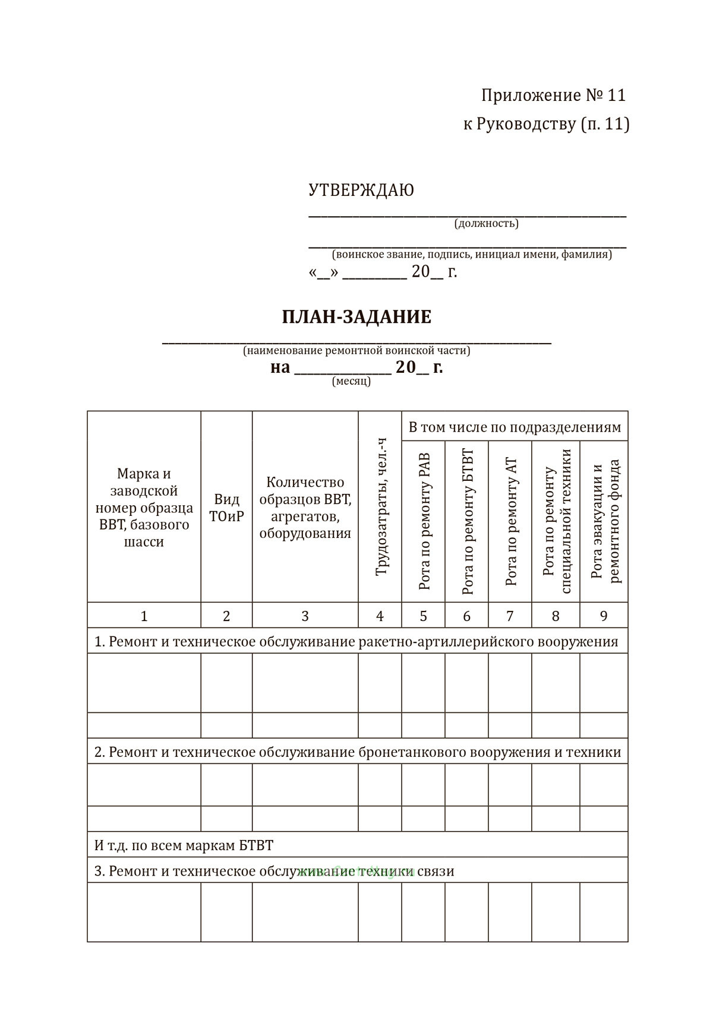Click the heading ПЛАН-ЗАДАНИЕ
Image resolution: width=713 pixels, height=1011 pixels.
[356, 317]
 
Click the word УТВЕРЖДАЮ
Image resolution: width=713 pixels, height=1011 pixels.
[361, 191]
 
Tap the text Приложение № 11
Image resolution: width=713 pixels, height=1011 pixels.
[553, 96]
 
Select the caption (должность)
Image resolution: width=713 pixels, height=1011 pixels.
[486, 224]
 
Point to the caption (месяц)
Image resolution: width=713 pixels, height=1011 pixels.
[351, 381]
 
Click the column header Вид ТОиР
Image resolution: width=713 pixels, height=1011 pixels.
[226, 508]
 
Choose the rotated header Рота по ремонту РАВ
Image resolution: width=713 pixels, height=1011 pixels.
[424, 521]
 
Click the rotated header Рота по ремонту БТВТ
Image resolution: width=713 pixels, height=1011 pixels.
[467, 521]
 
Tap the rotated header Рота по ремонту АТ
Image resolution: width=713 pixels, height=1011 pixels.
[510, 521]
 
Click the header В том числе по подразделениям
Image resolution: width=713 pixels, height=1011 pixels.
[515, 427]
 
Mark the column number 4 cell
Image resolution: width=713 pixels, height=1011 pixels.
[380, 616]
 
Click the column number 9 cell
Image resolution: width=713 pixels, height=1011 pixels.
[604, 616]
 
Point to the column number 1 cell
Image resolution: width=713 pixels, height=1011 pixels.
[144, 616]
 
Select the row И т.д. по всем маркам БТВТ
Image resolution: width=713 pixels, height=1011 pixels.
[184, 845]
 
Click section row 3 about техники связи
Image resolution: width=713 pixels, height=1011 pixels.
[274, 871]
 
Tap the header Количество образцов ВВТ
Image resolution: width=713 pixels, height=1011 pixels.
[305, 508]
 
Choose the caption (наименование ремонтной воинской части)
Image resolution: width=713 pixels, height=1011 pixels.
[356, 350]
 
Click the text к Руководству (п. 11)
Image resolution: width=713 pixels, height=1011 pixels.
[546, 124]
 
